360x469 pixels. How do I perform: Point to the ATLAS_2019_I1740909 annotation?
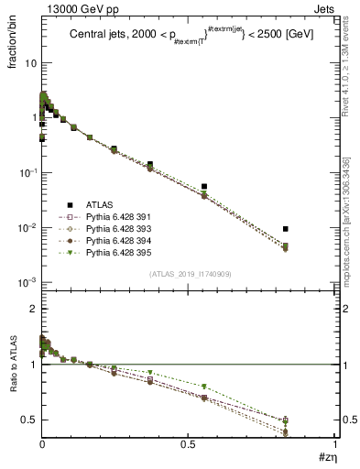[189, 274]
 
